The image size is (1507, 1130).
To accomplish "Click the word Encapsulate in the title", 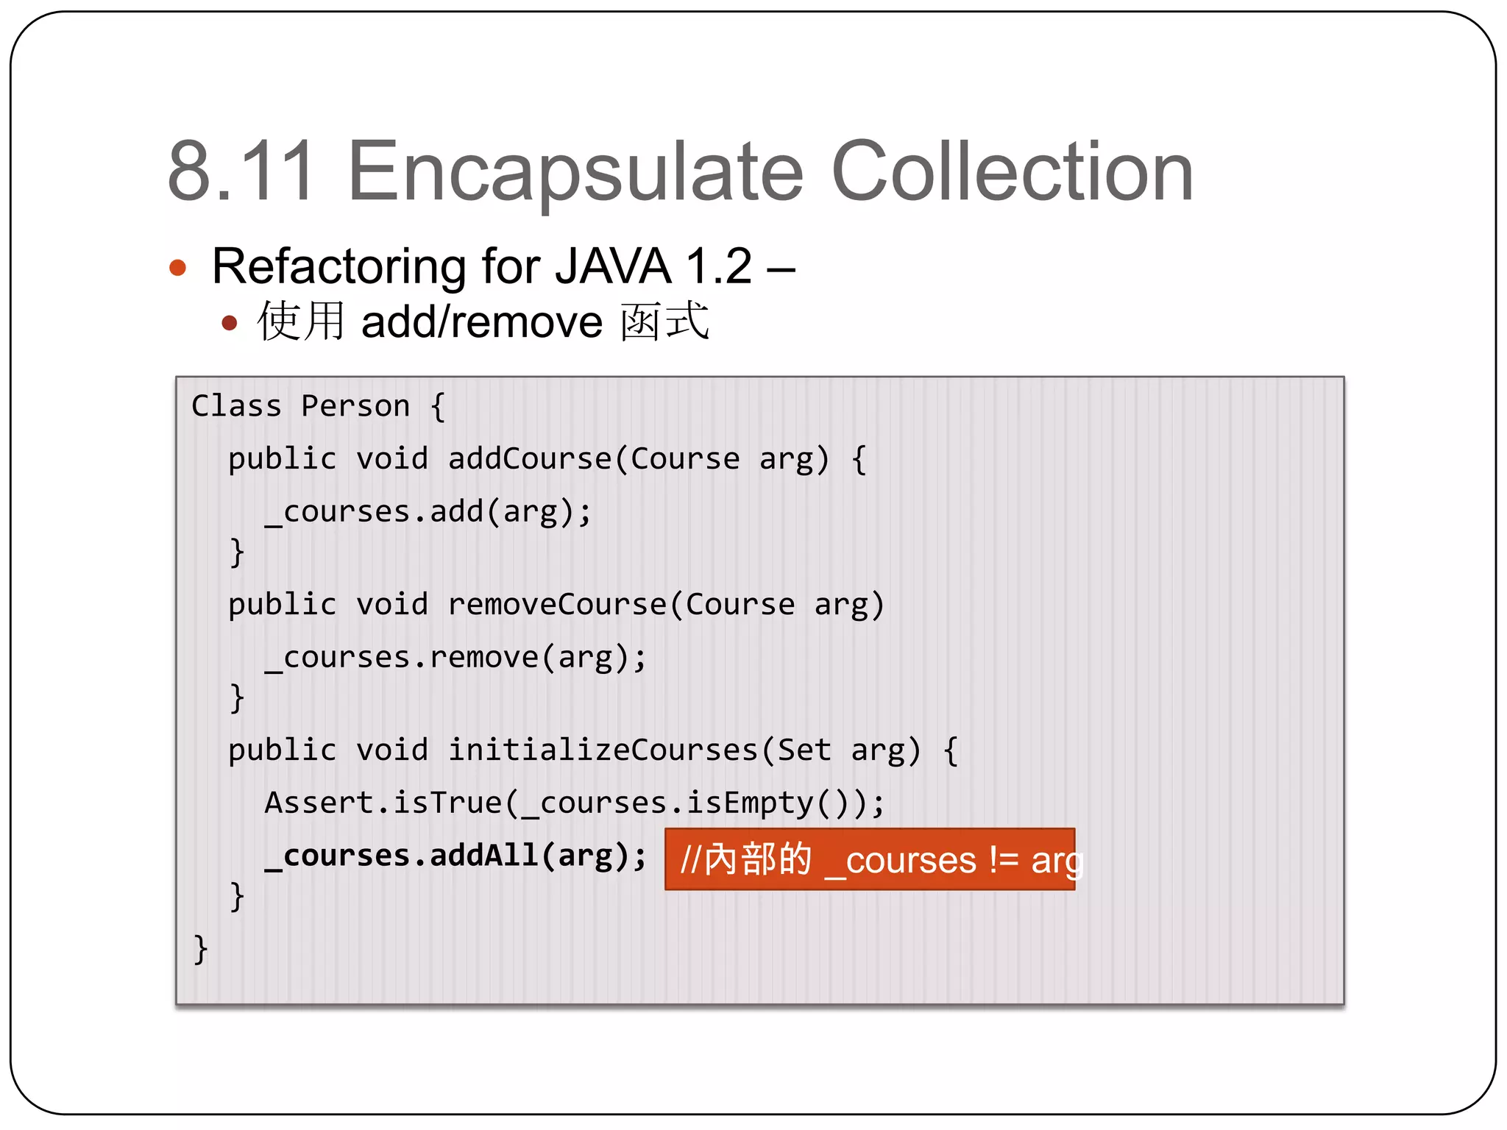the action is tap(575, 173).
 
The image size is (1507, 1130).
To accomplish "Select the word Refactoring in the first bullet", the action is tap(339, 266).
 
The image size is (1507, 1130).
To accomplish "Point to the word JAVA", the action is tap(612, 266).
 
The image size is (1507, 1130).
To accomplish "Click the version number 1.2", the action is tap(718, 266).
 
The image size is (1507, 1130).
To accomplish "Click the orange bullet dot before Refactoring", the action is tap(178, 267).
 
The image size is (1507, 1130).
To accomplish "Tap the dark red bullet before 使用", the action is tap(230, 323).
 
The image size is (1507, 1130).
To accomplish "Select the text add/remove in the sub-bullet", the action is tap(482, 322).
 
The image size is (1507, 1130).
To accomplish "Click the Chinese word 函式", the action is tap(664, 322).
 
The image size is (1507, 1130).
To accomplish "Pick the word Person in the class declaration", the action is tap(355, 406).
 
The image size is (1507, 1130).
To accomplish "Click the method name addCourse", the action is tap(530, 459).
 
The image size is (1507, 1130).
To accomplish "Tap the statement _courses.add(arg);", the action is tap(428, 512).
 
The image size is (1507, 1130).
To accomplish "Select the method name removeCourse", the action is tap(557, 605).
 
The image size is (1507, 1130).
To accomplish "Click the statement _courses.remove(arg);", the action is tap(455, 658).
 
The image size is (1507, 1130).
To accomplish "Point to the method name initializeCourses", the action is tap(603, 750).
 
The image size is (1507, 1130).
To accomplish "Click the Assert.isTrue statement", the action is tap(574, 803).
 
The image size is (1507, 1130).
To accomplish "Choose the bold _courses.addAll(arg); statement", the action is tap(455, 856).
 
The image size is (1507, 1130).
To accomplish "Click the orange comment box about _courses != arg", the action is tap(870, 859).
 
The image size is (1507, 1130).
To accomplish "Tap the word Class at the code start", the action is tap(236, 406).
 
